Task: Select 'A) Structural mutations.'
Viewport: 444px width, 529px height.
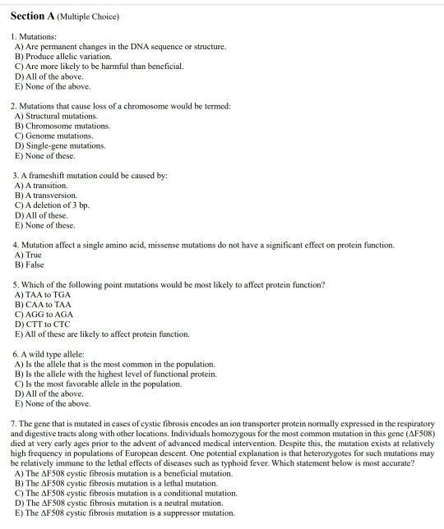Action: [x=62, y=117]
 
